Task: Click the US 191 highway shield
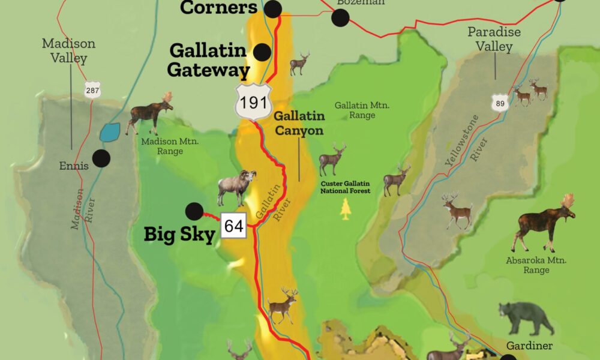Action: [x=252, y=101]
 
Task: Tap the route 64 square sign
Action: [x=234, y=226]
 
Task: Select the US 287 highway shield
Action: [x=92, y=89]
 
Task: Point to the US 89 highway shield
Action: [x=499, y=103]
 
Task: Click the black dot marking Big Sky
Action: [x=194, y=211]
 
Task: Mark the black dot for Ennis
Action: [x=101, y=158]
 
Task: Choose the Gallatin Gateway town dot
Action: [x=262, y=52]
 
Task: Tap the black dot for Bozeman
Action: [x=340, y=18]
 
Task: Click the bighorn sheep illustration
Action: [x=236, y=187]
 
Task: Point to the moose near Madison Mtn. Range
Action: [x=149, y=112]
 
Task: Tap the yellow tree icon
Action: [x=345, y=209]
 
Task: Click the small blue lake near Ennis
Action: [x=110, y=132]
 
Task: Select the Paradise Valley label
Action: [x=494, y=39]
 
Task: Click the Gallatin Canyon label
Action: [x=299, y=123]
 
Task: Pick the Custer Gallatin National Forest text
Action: [x=345, y=187]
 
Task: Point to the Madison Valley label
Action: [x=68, y=51]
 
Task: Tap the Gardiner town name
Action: [x=529, y=346]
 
